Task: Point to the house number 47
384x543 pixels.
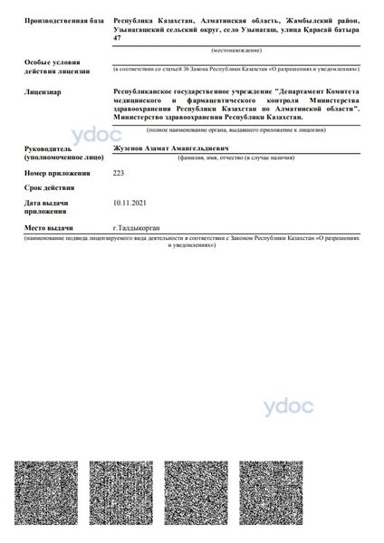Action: (116, 37)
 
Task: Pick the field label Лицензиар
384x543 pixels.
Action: (43, 91)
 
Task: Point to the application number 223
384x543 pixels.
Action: (119, 172)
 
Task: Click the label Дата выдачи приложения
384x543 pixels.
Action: (47, 207)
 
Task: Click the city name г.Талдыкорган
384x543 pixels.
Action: (135, 229)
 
